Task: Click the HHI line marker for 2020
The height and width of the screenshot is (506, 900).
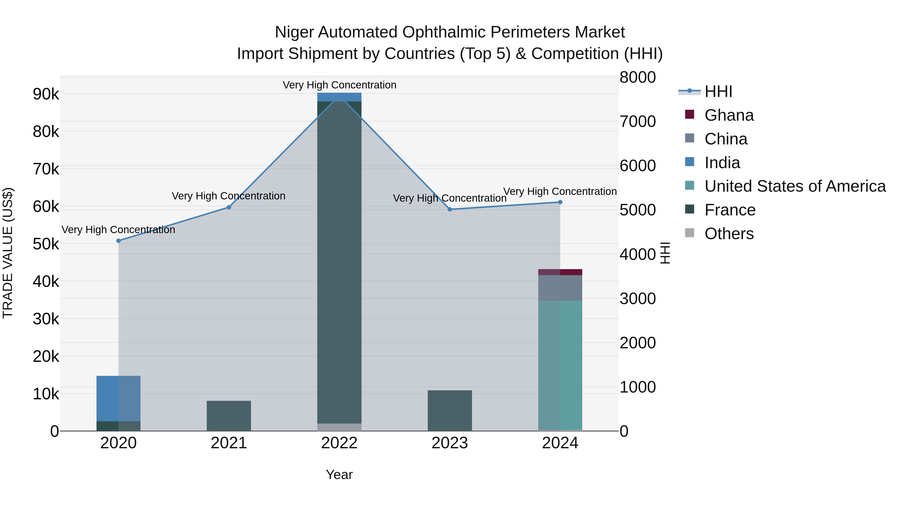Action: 118,241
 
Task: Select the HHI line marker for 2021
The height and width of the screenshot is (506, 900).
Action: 229,207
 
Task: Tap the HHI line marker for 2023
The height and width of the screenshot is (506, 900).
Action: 450,209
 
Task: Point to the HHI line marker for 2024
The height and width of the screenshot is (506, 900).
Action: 560,202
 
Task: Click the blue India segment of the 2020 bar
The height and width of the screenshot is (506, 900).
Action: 118,398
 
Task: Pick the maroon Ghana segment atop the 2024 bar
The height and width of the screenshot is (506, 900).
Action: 560,272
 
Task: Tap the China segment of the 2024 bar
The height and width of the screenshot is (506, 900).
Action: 560,288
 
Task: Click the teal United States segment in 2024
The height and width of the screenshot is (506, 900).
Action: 560,365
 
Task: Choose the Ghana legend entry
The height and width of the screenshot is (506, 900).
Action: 729,115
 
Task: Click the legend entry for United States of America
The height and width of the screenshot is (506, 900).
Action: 795,186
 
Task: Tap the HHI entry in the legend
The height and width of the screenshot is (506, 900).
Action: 718,91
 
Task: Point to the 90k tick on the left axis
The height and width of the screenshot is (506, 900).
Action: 46,94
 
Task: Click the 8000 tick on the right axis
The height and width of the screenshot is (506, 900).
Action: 637,77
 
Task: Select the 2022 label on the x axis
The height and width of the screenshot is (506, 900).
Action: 339,443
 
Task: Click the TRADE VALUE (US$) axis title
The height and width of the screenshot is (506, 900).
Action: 8,253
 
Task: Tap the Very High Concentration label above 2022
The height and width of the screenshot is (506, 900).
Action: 339,85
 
